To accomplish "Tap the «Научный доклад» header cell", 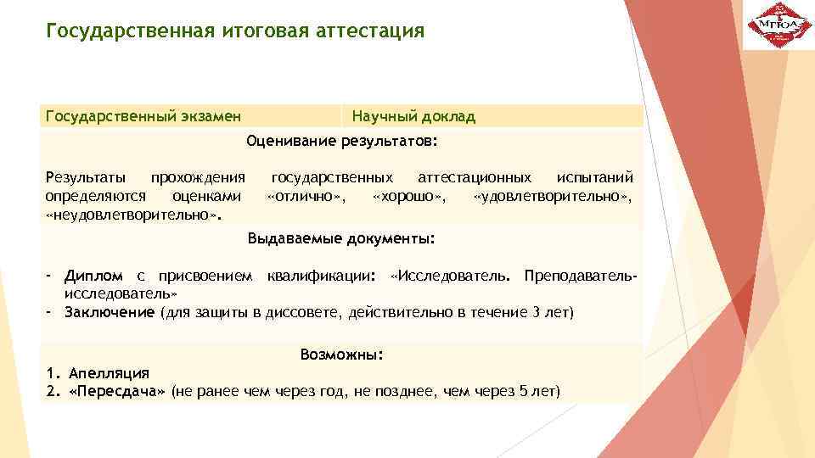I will pos(413,116).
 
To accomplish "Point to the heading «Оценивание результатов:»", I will pos(342,141).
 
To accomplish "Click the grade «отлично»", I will pos(306,197).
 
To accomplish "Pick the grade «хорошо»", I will pos(407,197).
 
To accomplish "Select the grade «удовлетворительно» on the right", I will pos(552,197).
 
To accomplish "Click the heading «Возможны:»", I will pos(342,355).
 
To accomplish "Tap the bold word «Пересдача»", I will pos(115,391).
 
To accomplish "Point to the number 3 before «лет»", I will pos(536,313).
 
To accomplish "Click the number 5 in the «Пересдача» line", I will pos(523,391).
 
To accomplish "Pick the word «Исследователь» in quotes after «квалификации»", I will pos(451,276).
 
